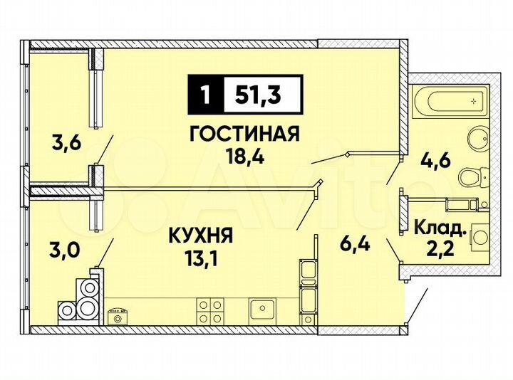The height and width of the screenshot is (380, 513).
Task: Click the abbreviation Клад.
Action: pos(441,229)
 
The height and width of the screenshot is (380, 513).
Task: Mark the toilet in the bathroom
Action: pos(472,175)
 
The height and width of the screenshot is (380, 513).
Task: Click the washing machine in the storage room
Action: pos(480,234)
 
